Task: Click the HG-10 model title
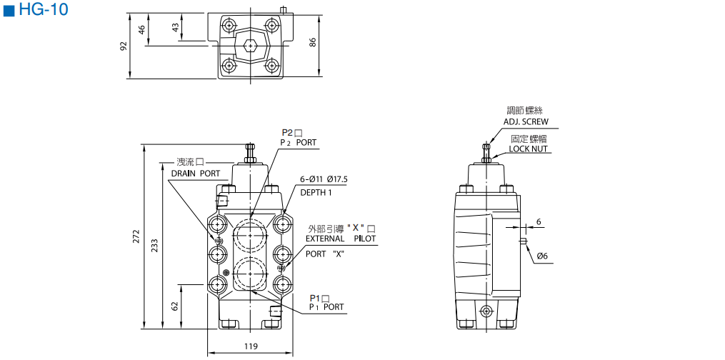pos(44,9)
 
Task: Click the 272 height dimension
pos(136,236)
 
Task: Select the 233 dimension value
pos(155,246)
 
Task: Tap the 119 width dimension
pos(250,346)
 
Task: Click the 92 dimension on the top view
pos(124,46)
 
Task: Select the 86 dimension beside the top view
pos(313,43)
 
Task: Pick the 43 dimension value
pos(175,28)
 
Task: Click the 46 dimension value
pos(142,29)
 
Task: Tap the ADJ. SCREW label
pos(526,122)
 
